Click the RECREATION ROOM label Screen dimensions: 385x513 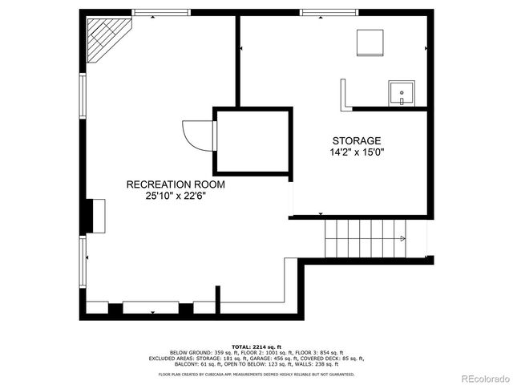176,184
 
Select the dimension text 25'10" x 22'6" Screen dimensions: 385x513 176,196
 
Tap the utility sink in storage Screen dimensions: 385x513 401,93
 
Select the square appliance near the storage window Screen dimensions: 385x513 370,42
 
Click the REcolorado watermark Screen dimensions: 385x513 479,378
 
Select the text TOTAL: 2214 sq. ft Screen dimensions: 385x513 256,346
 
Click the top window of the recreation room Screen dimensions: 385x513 161,13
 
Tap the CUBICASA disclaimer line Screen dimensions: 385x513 256,374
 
